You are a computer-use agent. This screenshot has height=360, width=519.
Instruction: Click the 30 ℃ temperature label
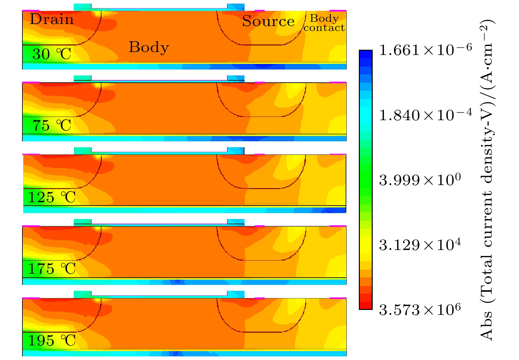[51, 54]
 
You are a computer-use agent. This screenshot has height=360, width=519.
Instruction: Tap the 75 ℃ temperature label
[51, 125]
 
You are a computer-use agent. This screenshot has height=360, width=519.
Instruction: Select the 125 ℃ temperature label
[51, 197]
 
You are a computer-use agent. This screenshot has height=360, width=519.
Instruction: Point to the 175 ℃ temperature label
[51, 269]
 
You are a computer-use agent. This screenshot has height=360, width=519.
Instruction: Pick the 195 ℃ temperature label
[51, 341]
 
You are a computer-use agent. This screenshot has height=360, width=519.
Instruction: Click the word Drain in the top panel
[51, 19]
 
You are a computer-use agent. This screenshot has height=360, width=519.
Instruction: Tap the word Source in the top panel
[268, 21]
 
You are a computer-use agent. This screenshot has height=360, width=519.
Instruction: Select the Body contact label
[324, 23]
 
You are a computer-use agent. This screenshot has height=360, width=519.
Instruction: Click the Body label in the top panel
[149, 47]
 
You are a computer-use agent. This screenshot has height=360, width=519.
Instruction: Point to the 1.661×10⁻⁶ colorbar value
[425, 50]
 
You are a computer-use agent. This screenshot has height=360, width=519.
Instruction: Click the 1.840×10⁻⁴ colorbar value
[425, 115]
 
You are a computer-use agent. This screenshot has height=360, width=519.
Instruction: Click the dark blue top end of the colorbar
[365, 54]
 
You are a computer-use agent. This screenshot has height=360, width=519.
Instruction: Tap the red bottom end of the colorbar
[365, 306]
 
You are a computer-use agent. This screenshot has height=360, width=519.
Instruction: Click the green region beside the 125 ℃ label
[26, 197]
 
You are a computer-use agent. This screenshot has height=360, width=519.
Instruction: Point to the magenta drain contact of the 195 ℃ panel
[31, 298]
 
